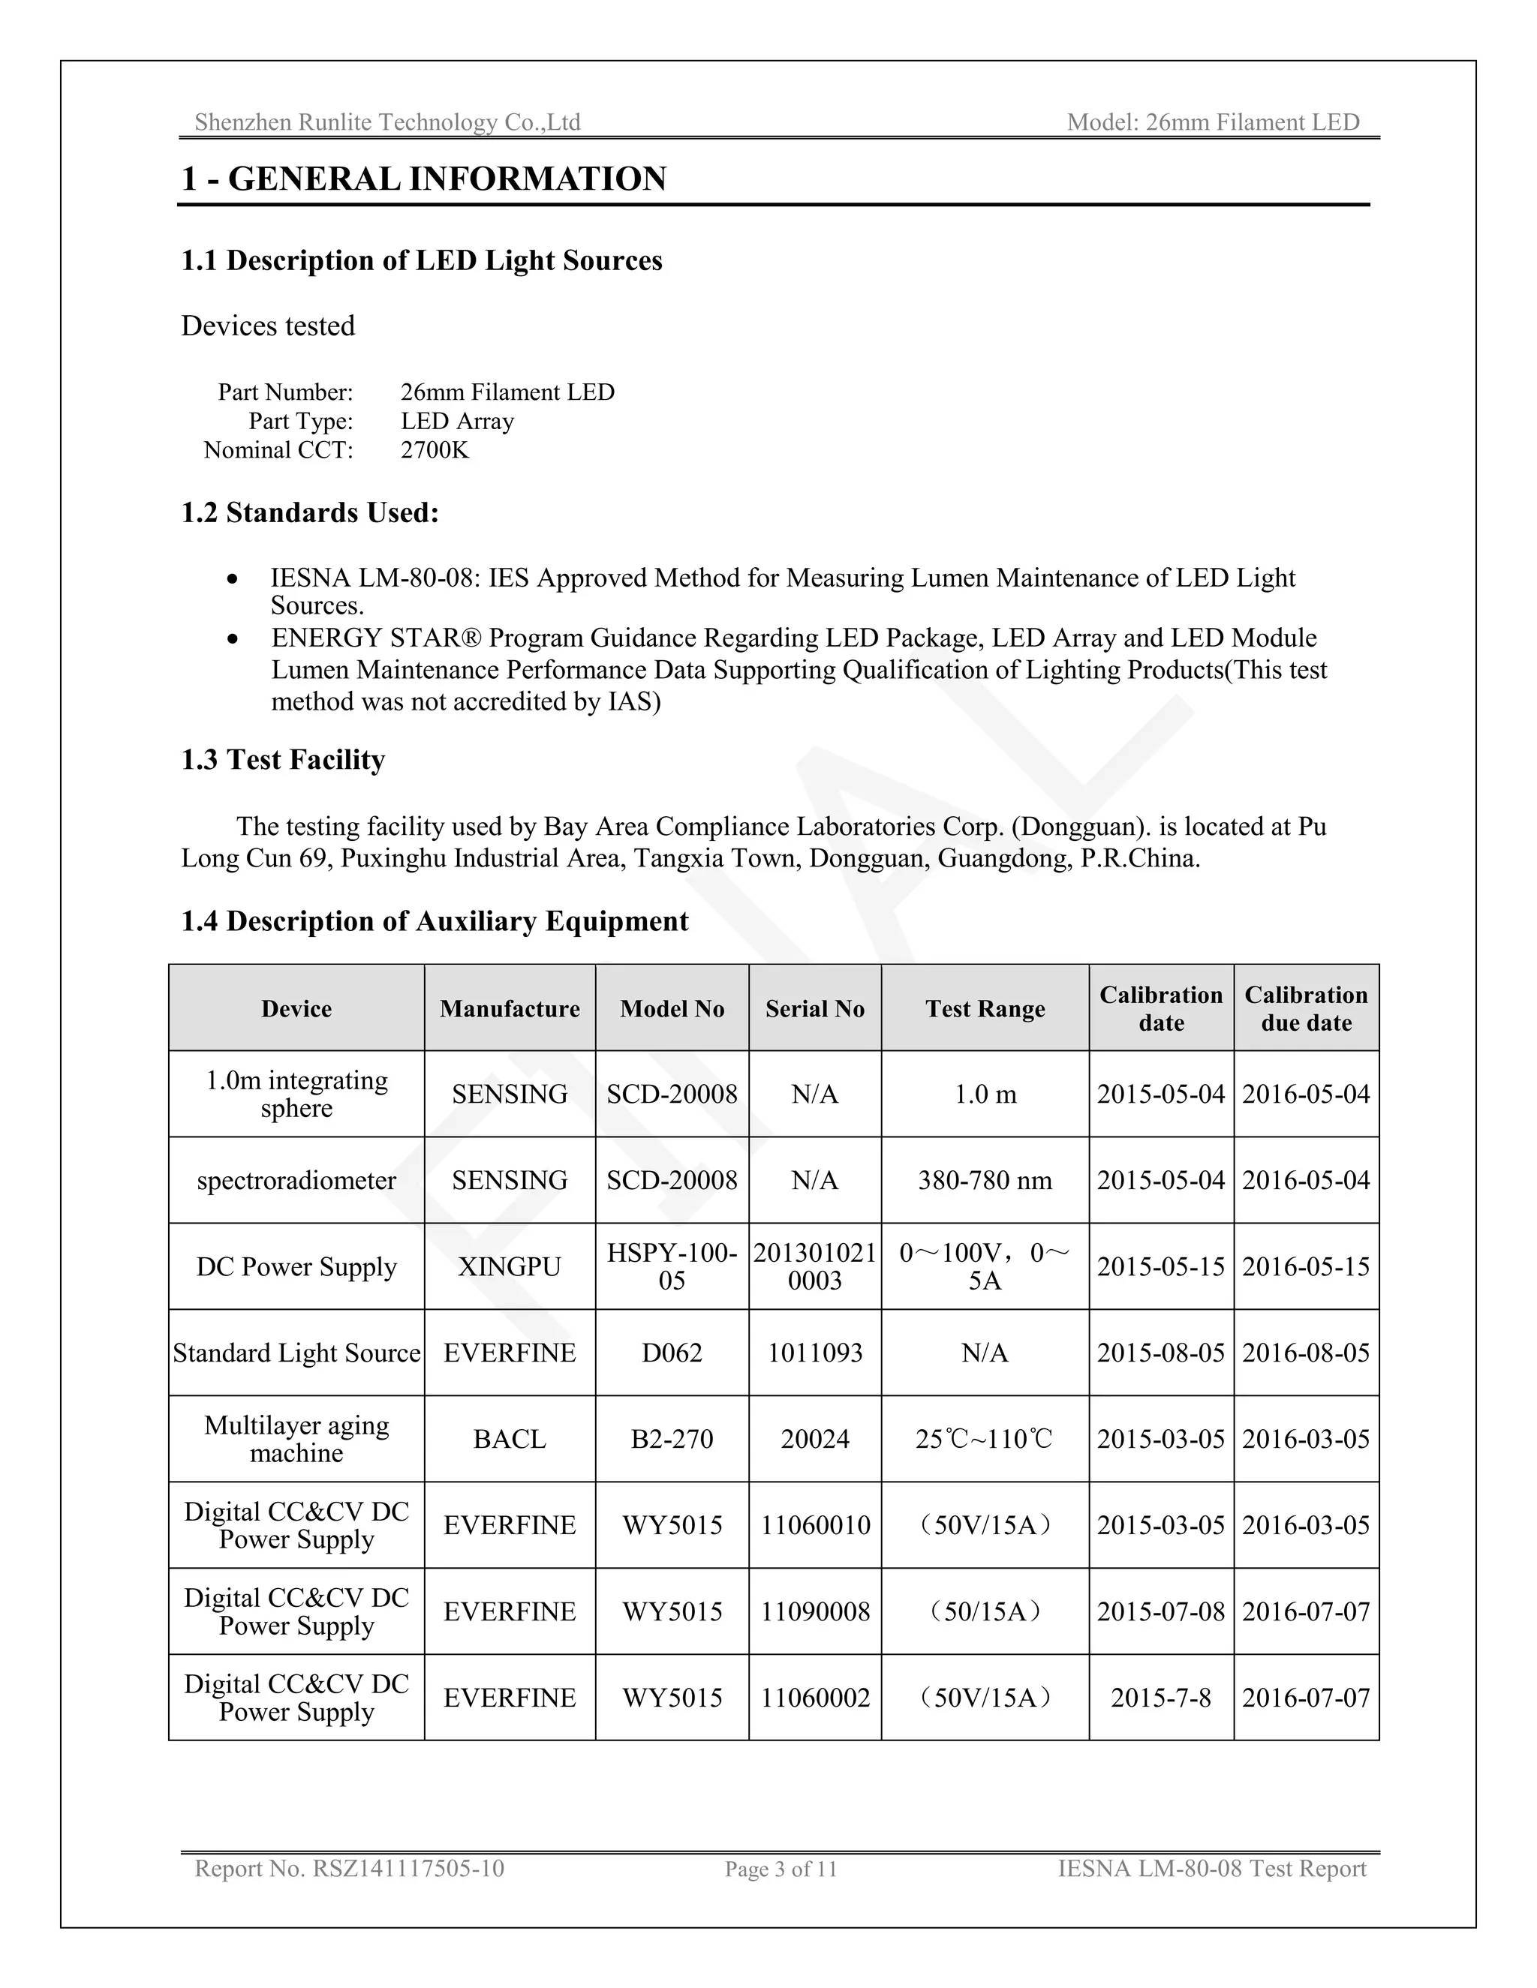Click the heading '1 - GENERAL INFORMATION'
tap(423, 179)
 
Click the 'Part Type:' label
tap(300, 422)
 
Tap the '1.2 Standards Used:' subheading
tap(310, 512)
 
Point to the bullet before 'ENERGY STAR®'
tap(234, 639)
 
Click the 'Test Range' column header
tap(985, 1008)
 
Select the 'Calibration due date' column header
tap(1306, 1008)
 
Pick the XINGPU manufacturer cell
tap(509, 1267)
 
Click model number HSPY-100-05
tap(672, 1267)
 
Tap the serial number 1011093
tap(815, 1353)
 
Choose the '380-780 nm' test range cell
tap(985, 1181)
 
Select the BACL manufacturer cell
tap(509, 1439)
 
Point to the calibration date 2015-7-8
tap(1161, 1698)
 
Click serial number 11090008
tap(815, 1611)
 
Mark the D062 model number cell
tap(672, 1353)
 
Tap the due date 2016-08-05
tap(1306, 1353)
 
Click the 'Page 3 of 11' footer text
tap(781, 1869)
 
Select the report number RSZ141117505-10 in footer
tap(408, 1869)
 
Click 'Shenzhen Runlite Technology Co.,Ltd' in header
tap(387, 122)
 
